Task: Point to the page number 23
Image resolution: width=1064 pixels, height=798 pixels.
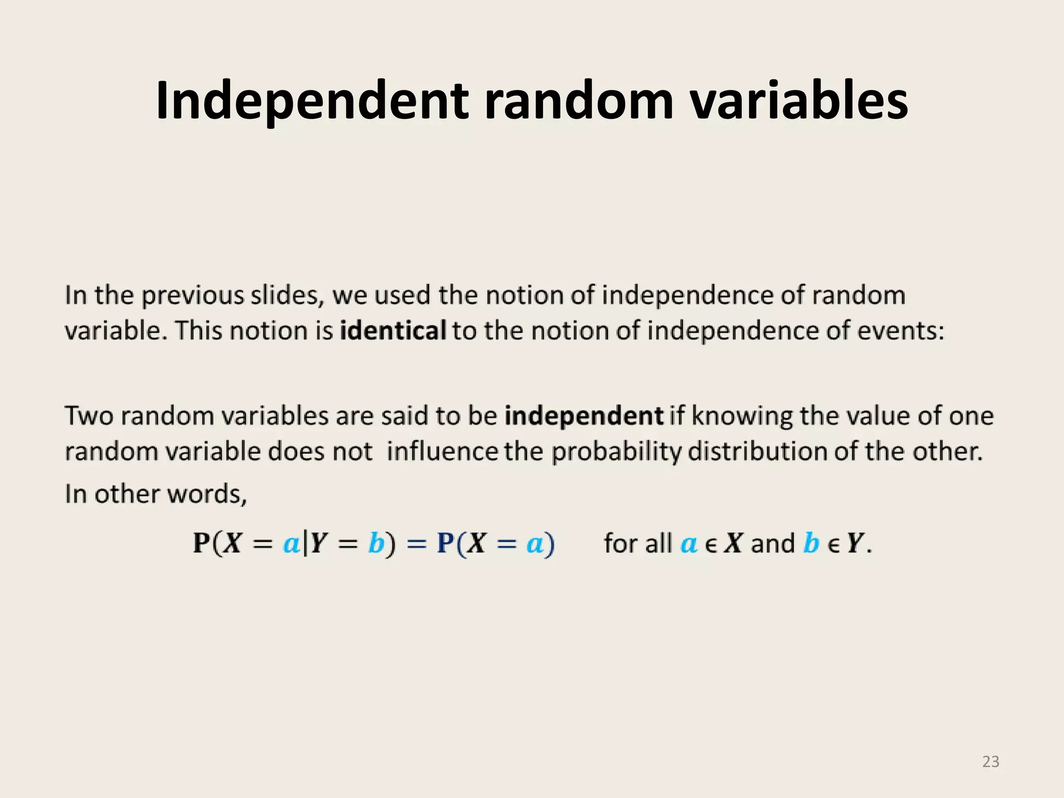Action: [991, 762]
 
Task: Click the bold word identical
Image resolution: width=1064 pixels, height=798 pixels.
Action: [393, 330]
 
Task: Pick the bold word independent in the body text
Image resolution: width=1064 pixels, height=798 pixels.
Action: [584, 416]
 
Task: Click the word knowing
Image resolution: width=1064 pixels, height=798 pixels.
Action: [742, 417]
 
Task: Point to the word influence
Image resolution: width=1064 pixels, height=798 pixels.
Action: [442, 451]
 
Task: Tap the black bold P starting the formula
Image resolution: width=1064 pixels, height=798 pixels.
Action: [201, 543]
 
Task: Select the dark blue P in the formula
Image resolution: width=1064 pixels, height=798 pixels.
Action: [445, 543]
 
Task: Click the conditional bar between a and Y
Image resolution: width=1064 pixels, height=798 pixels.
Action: [305, 543]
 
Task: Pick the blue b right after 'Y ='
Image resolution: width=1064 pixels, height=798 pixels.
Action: [376, 543]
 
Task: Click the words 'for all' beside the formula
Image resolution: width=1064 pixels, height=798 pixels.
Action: [637, 543]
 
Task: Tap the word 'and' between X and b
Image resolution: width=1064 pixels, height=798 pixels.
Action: [773, 543]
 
